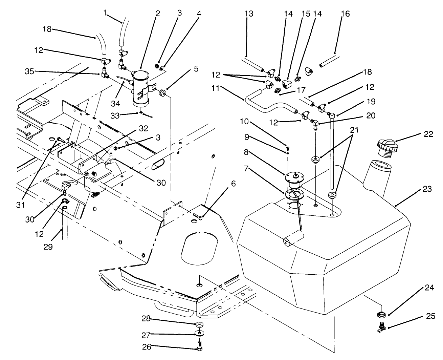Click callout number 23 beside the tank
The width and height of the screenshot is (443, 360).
[x=427, y=189]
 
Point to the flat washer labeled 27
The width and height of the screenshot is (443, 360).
[x=200, y=334]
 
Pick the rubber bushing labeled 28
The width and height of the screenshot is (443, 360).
[x=200, y=324]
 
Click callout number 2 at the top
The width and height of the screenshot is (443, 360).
[x=158, y=14]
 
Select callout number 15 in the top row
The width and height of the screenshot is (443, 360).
[x=306, y=14]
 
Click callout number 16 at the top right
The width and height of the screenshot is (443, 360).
[x=346, y=14]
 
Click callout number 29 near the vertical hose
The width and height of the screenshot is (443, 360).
[x=48, y=247]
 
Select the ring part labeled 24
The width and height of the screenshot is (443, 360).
[x=380, y=314]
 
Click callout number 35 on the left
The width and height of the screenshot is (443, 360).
[x=29, y=71]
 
